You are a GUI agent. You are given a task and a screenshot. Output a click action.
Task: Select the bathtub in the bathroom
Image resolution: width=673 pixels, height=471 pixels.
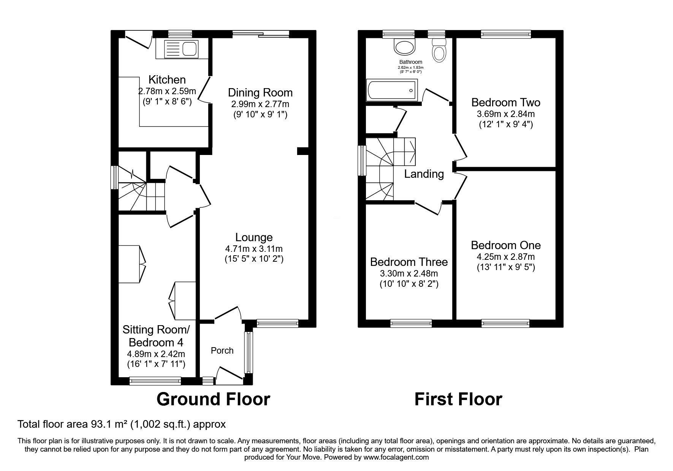[x=391, y=90]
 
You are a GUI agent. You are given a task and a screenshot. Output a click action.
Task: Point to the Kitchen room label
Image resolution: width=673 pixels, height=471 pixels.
[x=167, y=80]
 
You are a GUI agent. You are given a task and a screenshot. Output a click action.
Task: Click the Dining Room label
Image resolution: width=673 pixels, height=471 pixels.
[x=260, y=93]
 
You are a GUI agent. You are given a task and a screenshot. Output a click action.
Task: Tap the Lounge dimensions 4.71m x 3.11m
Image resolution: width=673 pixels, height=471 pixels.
[x=254, y=249]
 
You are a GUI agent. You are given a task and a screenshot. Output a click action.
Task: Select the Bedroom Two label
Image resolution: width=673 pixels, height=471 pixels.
[x=506, y=103]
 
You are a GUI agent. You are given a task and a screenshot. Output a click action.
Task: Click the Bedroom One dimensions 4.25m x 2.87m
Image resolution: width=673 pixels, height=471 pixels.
[x=506, y=257]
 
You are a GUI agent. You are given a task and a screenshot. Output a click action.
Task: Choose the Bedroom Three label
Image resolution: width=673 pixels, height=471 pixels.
[x=409, y=262]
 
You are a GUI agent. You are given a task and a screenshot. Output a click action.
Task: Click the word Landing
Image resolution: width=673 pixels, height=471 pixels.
[x=424, y=174]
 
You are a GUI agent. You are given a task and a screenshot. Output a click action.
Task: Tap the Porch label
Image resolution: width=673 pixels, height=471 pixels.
[x=222, y=351]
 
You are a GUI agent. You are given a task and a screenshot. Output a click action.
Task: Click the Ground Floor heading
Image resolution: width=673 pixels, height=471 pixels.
[x=213, y=399]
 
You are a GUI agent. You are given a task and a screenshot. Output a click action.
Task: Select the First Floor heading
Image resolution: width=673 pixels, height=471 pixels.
[x=458, y=399]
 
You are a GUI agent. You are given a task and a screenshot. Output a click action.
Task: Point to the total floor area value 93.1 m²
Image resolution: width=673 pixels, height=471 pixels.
[x=101, y=424]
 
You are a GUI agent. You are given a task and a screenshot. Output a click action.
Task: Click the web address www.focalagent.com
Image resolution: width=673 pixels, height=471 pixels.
[x=396, y=457]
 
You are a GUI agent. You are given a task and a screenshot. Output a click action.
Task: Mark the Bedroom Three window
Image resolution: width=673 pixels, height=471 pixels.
[x=411, y=323]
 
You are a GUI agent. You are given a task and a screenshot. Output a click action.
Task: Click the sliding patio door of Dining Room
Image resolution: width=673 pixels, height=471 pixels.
[x=261, y=34]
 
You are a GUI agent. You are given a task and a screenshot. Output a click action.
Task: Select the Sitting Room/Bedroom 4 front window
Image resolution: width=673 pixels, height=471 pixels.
[x=155, y=380]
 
